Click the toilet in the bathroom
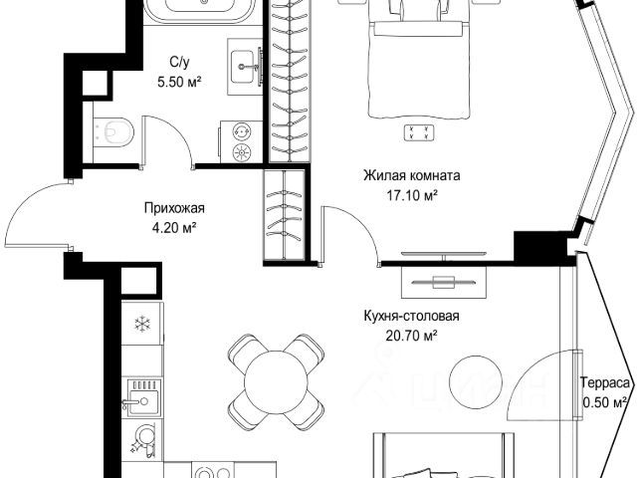pos(113,131)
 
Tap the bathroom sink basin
pos(245,67)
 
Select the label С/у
pos(179,62)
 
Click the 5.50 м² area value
pos(179,83)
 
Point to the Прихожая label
pos(174,208)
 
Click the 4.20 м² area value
pos(174,228)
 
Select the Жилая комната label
pos(412,176)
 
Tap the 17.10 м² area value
pos(412,196)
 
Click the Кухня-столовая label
pos(411,316)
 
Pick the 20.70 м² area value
pos(411,336)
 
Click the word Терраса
pos(605,382)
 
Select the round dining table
pos(277,382)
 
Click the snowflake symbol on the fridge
pos(142,324)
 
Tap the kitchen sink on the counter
pos(142,397)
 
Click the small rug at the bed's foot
pos(419,132)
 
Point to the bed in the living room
pos(419,61)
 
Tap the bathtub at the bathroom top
pos(200,11)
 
